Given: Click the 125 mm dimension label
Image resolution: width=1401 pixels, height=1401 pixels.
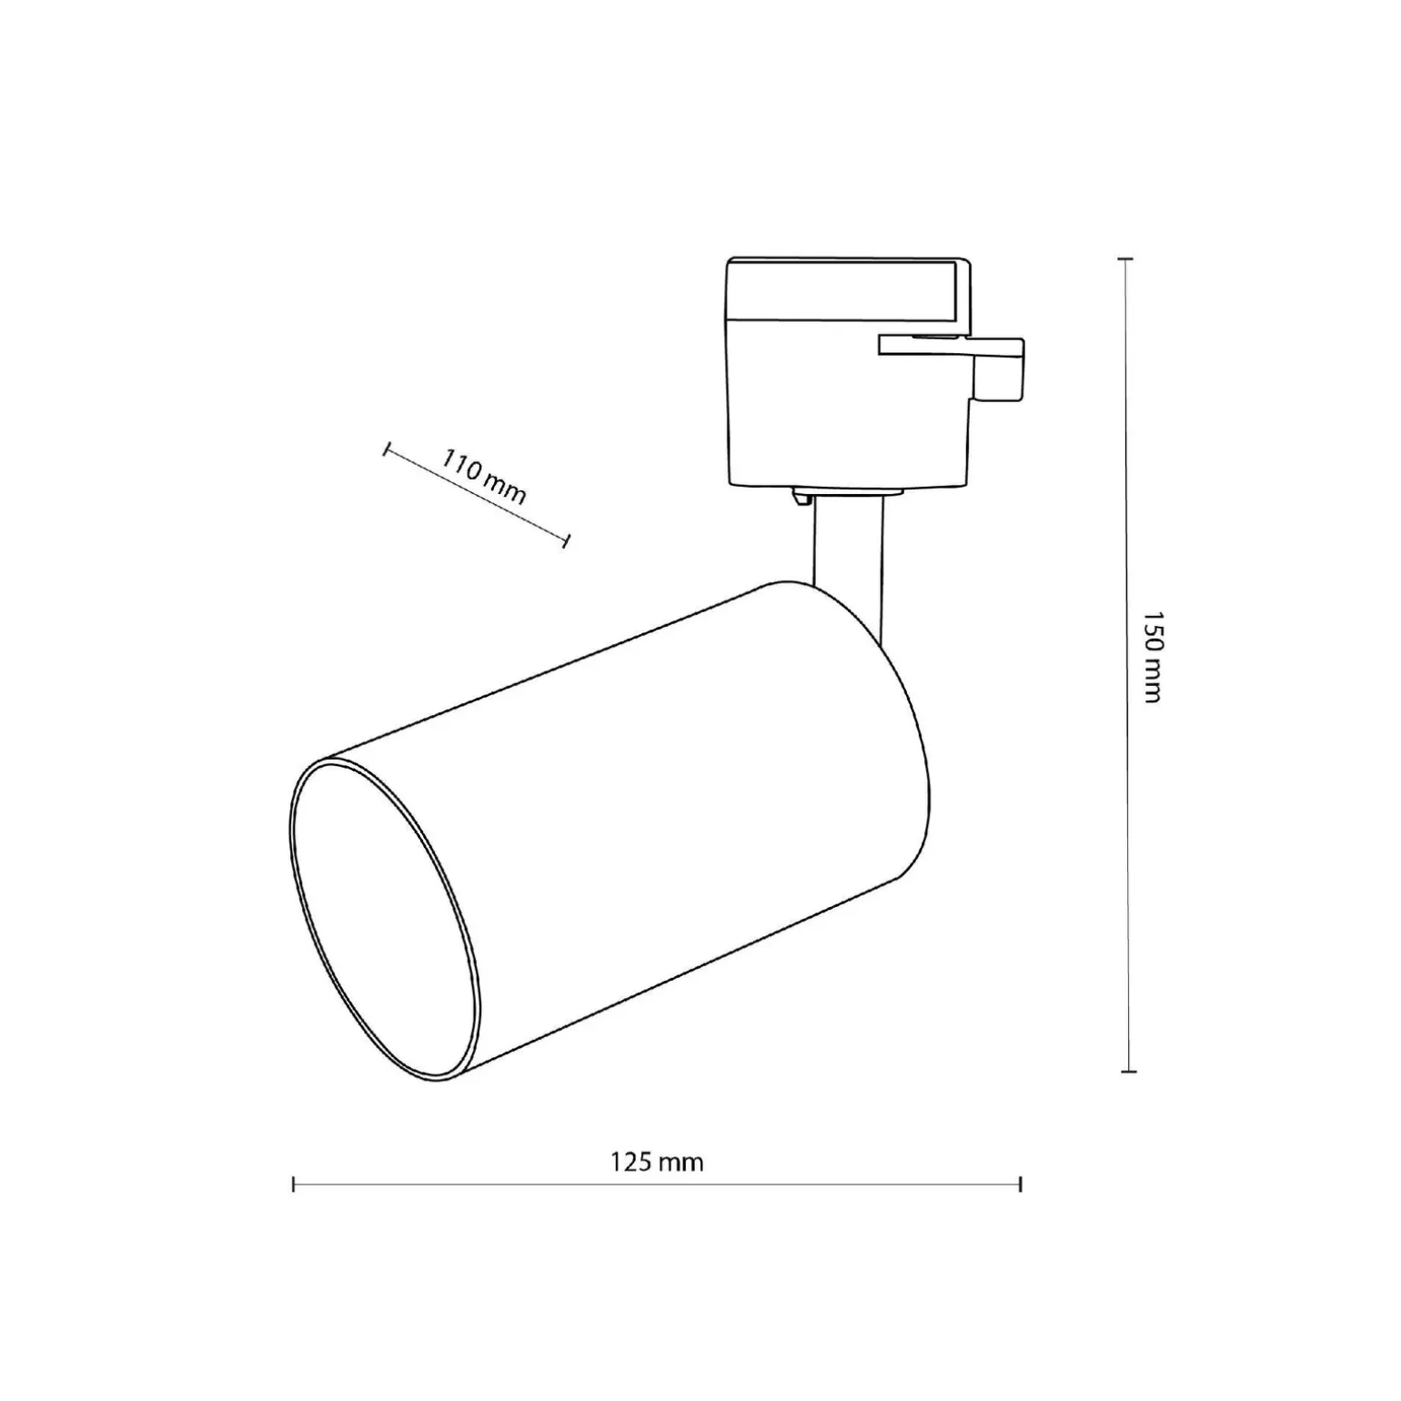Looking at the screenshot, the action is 656,1162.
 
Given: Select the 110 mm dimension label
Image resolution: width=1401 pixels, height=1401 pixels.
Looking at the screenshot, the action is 484,477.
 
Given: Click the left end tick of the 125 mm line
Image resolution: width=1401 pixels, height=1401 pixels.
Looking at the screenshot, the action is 293,1184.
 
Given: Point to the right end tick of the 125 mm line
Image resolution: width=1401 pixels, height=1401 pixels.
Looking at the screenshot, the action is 1021,1184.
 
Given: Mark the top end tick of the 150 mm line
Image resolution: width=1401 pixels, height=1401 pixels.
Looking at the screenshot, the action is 1128,259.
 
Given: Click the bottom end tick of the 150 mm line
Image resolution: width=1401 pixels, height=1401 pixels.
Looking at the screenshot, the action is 1128,1072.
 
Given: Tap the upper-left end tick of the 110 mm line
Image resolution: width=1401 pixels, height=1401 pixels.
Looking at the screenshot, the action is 387,449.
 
